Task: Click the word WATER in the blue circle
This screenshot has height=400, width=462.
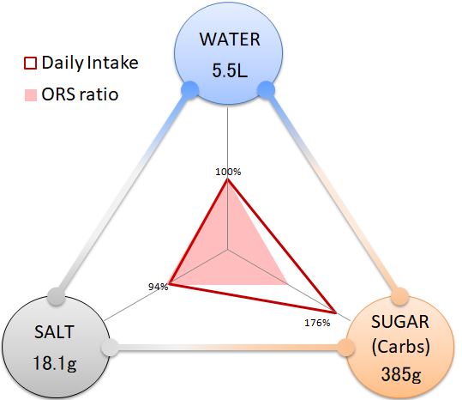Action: click(230, 39)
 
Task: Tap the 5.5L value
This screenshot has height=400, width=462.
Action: click(230, 70)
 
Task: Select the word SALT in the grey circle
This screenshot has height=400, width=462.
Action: click(54, 332)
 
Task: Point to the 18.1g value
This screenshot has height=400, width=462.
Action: click(55, 363)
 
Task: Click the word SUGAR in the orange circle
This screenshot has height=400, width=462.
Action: click(399, 322)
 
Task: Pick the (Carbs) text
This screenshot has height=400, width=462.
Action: click(401, 347)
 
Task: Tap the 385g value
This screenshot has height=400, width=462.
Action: click(401, 374)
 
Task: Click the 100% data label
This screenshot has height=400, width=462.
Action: click(228, 172)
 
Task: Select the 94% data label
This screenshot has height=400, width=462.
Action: click(159, 287)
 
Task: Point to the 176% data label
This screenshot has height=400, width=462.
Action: click(317, 323)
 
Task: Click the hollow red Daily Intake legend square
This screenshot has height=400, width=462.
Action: click(30, 64)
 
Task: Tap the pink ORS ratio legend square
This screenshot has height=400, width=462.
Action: click(30, 95)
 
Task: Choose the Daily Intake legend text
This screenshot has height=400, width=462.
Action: click(90, 63)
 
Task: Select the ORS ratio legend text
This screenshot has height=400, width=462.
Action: click(80, 94)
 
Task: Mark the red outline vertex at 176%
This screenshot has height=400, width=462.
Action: click(335, 312)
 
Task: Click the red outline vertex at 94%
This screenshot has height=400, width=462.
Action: click(169, 284)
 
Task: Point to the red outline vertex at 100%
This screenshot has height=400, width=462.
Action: click(227, 180)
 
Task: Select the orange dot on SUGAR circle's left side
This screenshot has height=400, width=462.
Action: click(346, 348)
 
